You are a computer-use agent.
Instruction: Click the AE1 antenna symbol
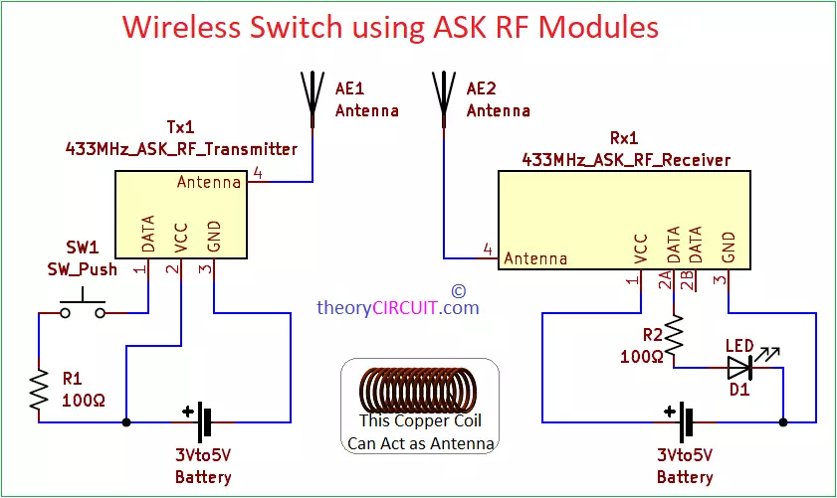tap(313, 94)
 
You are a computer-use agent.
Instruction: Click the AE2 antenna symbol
tap(444, 94)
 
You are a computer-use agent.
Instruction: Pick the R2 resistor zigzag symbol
tap(675, 338)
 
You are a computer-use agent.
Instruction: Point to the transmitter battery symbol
tap(205, 422)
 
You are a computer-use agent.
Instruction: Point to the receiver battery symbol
tap(686, 422)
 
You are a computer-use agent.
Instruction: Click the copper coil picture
tap(418, 390)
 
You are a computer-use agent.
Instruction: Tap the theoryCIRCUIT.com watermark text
tap(398, 308)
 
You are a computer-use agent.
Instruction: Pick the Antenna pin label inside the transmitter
tap(209, 183)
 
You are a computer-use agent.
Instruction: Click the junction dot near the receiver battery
tap(783, 422)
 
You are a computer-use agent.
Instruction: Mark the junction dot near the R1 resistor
tap(126, 422)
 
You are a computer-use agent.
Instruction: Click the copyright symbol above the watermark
tap(458, 290)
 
